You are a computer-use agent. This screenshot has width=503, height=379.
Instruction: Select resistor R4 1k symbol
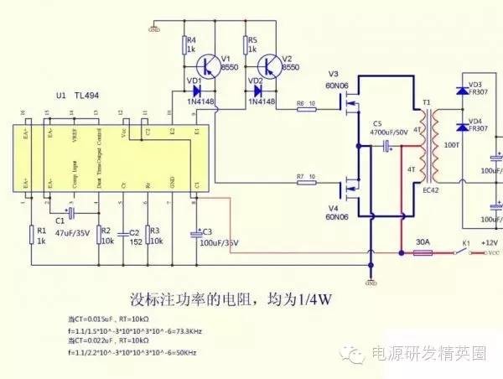click(184, 44)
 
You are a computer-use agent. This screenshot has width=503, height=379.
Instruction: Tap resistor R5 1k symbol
click(246, 44)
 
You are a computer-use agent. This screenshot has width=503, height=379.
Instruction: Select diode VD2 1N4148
click(258, 91)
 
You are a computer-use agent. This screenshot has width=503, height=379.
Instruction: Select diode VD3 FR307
click(460, 90)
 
